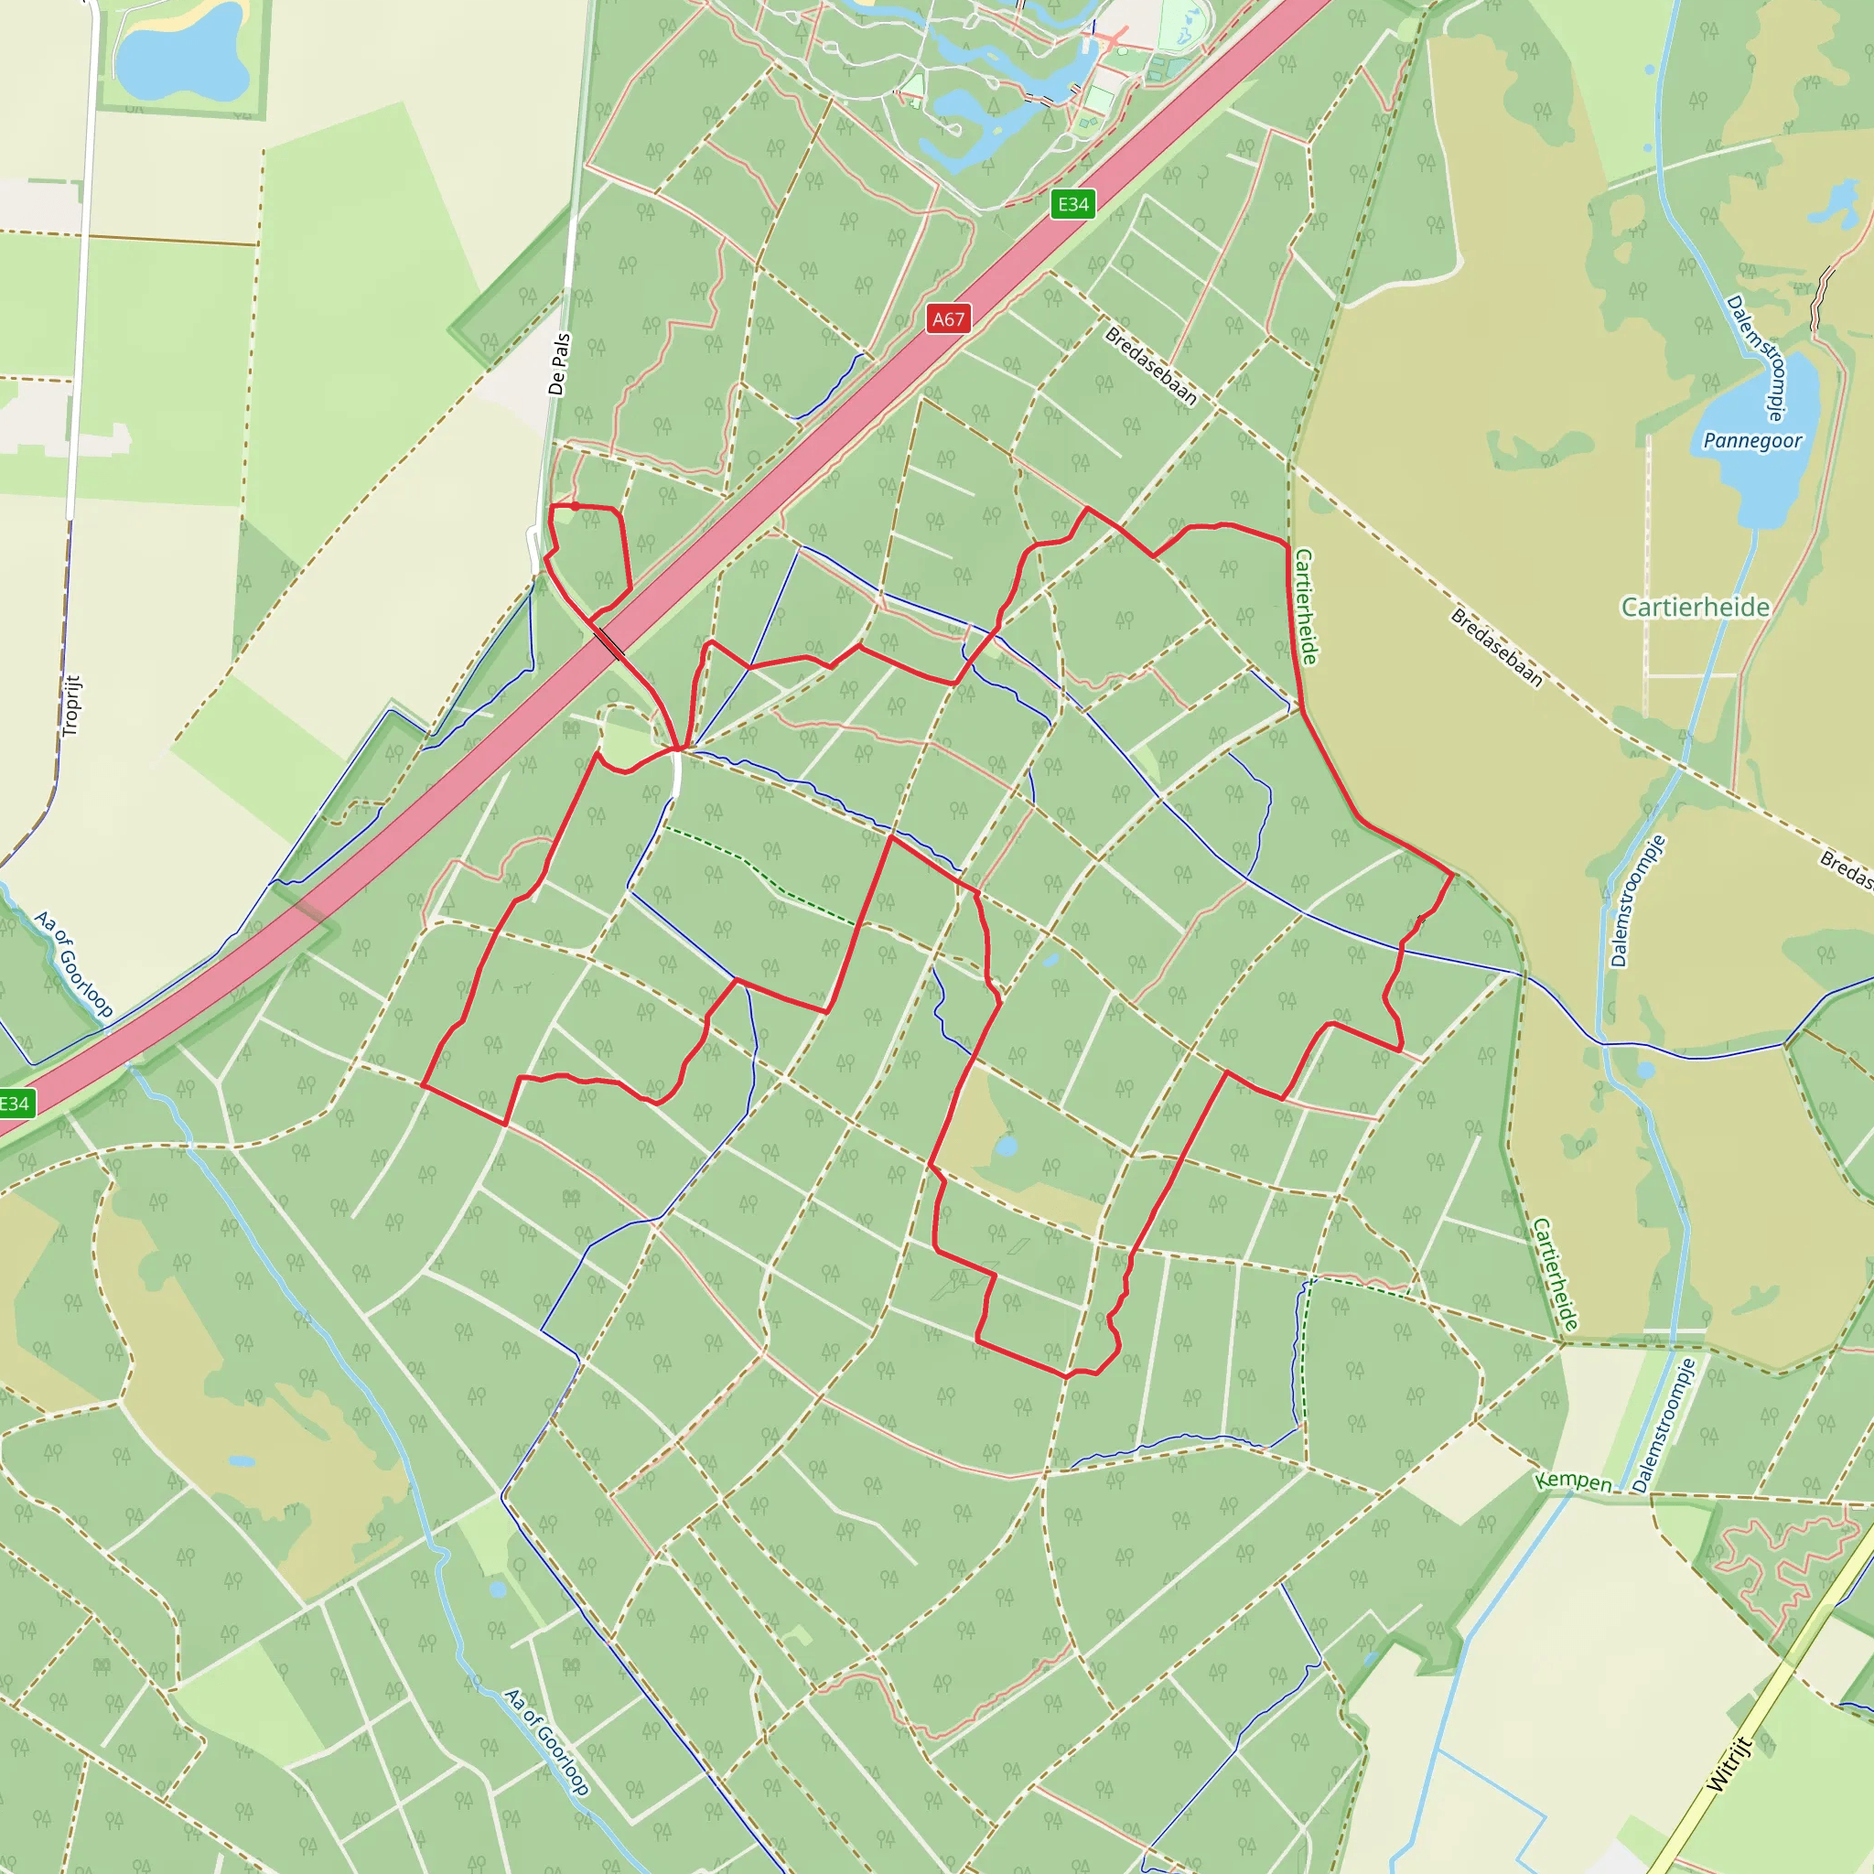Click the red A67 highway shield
point(948,319)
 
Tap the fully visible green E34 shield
point(1072,204)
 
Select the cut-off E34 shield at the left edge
point(15,1103)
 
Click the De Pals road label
point(559,365)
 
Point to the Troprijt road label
point(71,705)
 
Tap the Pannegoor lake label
point(1751,441)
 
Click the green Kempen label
point(1572,1481)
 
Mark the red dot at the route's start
point(576,506)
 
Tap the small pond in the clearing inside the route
point(1006,1147)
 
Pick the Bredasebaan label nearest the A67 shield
point(1151,366)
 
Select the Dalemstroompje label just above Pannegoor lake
point(1757,359)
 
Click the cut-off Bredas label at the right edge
point(1846,869)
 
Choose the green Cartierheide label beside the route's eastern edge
point(1306,608)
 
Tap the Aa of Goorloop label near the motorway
point(74,964)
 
